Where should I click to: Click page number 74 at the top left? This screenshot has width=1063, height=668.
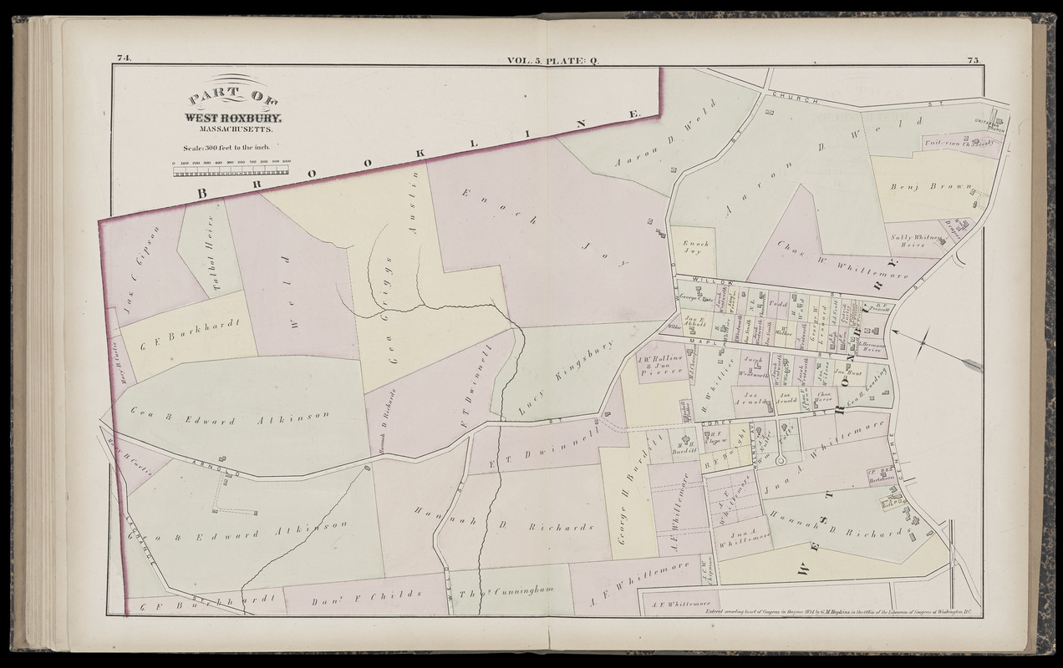point(125,58)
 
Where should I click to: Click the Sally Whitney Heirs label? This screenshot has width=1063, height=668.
point(915,240)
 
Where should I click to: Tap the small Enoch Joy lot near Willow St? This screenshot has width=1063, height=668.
point(694,246)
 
